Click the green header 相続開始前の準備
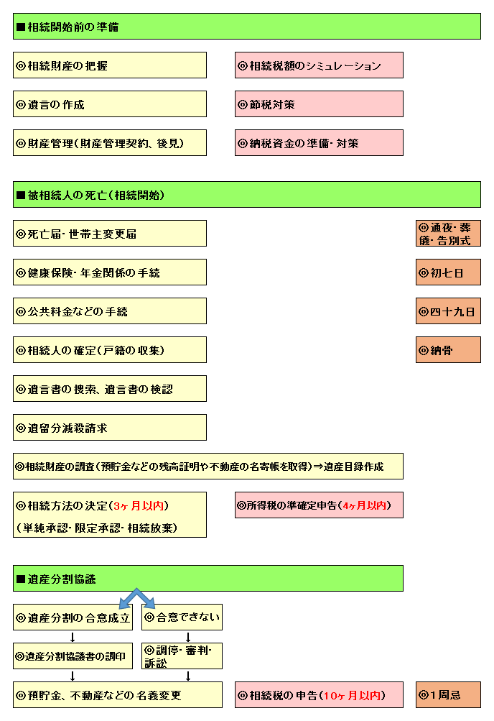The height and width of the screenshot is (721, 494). click(246, 26)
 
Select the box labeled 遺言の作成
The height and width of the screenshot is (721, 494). click(110, 104)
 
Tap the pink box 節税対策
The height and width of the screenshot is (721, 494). click(319, 104)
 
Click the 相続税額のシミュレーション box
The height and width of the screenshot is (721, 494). click(319, 65)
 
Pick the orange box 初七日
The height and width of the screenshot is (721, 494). click(448, 272)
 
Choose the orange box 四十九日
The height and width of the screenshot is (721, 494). click(448, 311)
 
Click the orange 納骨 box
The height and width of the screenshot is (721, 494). click(448, 350)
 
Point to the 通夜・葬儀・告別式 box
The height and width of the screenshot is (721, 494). click(448, 234)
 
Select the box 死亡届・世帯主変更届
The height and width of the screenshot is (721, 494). click(110, 234)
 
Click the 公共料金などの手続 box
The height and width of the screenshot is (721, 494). click(110, 311)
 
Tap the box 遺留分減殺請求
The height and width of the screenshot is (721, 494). click(110, 428)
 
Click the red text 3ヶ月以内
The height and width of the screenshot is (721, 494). click(138, 506)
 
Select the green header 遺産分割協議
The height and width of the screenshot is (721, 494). click(208, 579)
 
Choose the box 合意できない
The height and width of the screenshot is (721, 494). click(182, 617)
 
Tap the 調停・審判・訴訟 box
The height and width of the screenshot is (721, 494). click(182, 656)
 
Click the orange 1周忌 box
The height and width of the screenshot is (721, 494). click(448, 695)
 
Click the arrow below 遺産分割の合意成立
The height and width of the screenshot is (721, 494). click(73, 637)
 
